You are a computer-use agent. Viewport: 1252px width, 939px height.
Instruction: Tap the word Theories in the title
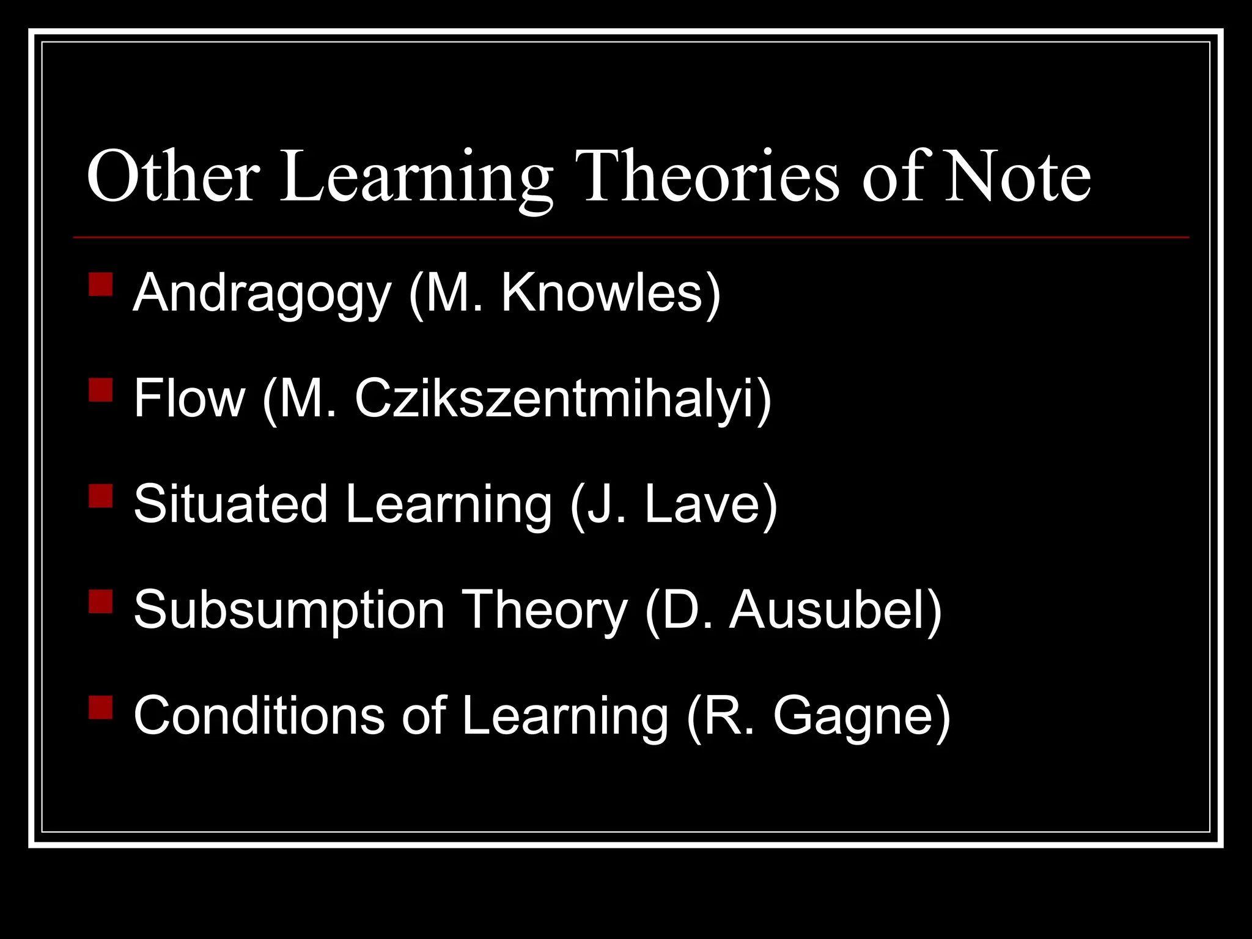tap(710, 177)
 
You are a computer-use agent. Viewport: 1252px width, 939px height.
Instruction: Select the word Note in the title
tap(1017, 177)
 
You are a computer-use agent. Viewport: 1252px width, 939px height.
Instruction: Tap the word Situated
tap(230, 504)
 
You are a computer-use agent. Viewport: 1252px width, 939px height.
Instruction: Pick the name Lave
tap(703, 504)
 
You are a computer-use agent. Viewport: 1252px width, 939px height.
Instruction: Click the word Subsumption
tap(289, 610)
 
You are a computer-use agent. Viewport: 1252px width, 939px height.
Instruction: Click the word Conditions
tap(259, 715)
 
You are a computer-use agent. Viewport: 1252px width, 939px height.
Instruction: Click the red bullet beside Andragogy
tap(100, 284)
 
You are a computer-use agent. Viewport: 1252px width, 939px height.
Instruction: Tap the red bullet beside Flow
tap(100, 389)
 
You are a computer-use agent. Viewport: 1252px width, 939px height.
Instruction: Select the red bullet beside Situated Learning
tap(100, 496)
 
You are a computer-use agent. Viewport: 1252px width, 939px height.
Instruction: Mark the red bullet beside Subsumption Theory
tap(100, 601)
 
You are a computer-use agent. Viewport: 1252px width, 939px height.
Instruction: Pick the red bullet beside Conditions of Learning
tap(100, 707)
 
